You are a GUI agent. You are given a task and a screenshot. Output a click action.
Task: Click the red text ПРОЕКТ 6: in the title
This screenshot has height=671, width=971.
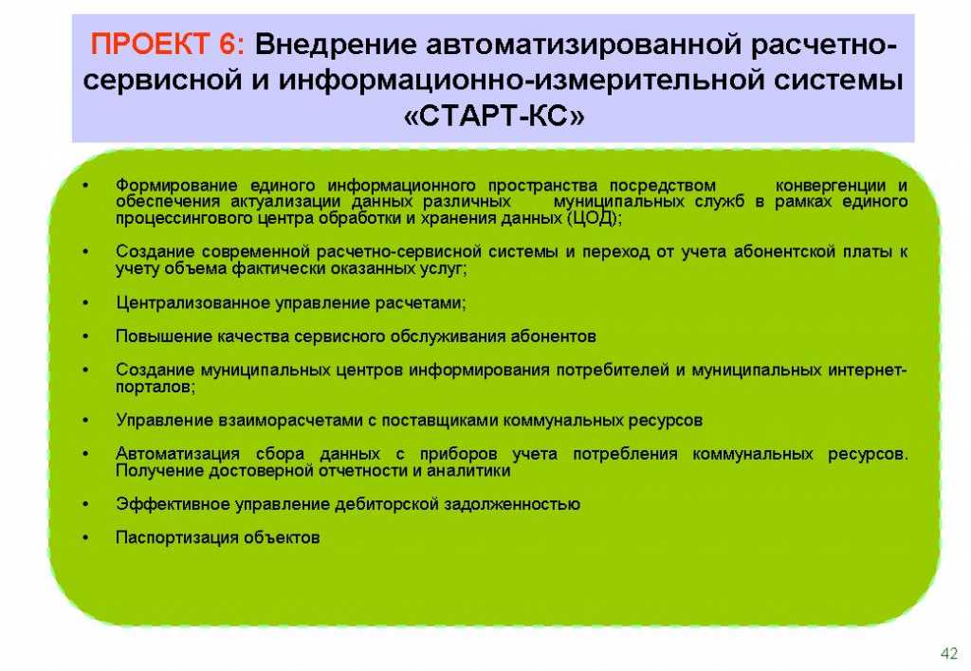tap(167, 45)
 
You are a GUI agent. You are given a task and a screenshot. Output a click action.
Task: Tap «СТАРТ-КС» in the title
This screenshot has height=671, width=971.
tap(493, 115)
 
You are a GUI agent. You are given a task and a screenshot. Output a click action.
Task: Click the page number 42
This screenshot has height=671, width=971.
tap(948, 653)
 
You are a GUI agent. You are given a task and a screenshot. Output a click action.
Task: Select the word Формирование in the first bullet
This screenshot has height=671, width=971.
tap(176, 185)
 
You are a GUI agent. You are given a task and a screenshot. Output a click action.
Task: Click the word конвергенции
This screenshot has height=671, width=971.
tap(831, 185)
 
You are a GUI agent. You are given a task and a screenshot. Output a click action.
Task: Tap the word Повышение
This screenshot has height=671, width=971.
tap(164, 336)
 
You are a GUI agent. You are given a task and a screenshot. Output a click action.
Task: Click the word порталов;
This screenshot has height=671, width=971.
tap(156, 387)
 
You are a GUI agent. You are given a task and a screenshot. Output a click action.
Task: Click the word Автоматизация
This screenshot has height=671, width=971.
tap(177, 454)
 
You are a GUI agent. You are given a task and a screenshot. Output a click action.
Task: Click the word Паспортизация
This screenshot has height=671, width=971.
tap(177, 537)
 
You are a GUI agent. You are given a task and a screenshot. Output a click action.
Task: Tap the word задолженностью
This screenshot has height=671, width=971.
tap(518, 504)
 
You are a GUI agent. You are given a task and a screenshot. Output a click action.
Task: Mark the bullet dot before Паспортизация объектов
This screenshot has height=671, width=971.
tap(86, 537)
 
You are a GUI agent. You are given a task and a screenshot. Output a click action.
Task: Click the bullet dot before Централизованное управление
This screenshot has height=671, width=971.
tap(86, 302)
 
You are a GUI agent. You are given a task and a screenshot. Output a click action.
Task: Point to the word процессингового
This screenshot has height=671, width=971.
tap(181, 219)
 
